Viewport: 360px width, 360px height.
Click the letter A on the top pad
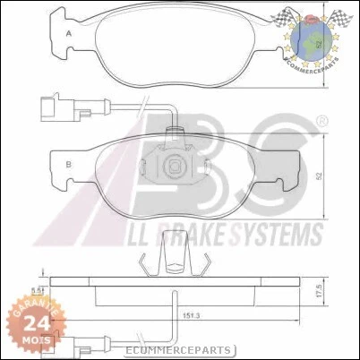click(69, 35)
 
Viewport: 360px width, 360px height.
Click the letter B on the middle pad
click(69, 163)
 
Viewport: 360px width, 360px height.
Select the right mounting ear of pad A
click(296, 15)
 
